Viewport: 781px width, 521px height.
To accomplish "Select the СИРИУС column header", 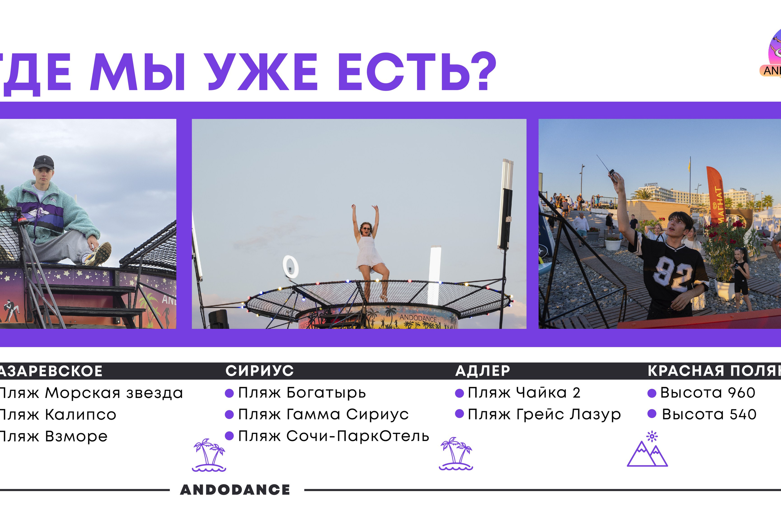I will coord(259,371).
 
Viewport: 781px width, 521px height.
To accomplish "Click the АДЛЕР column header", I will coord(482,371).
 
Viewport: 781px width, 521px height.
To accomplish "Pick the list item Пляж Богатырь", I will coord(302,393).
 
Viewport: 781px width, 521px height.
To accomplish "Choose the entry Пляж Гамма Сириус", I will coord(323,414).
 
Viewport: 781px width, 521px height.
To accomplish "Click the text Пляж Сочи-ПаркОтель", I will coord(333,436).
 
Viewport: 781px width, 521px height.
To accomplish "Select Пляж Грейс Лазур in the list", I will coord(544,414).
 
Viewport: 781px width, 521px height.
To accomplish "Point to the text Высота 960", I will coord(707,393).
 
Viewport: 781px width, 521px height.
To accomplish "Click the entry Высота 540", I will coord(709,414).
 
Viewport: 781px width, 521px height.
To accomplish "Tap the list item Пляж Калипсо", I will coord(57,415).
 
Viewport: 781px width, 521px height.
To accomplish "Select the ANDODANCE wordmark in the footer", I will coord(235,490).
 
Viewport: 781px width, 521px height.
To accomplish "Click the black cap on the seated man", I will coord(44,162).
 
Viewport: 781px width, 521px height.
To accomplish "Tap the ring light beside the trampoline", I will coord(290,267).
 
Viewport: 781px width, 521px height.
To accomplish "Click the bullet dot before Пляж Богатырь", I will coord(229,393).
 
